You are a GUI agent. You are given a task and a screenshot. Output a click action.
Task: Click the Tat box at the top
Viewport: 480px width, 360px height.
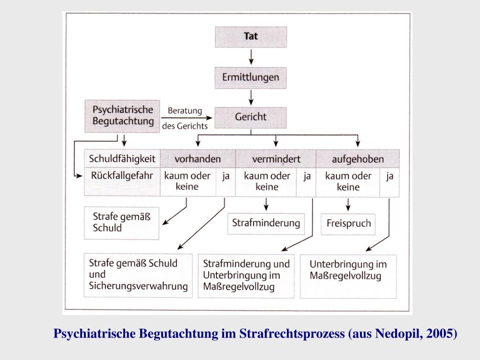pyautogui.click(x=251, y=37)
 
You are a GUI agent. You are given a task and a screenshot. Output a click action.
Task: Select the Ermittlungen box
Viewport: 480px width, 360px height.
pyautogui.click(x=251, y=77)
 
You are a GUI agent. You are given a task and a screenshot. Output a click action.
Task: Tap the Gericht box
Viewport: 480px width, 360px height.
pyautogui.click(x=251, y=117)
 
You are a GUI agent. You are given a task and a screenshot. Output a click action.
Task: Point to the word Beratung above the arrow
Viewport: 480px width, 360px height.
pyautogui.click(x=185, y=111)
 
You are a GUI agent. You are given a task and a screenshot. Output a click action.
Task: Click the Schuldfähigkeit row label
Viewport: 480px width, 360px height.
pyautogui.click(x=122, y=158)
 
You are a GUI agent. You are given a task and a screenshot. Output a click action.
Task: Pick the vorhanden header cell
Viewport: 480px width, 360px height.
pyautogui.click(x=197, y=159)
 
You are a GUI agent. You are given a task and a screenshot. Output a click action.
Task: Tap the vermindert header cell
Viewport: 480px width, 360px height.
pyautogui.click(x=276, y=159)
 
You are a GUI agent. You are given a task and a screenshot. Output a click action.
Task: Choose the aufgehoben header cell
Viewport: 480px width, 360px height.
pyautogui.click(x=358, y=159)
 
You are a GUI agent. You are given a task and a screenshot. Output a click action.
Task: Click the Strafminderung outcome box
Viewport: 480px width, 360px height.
pyautogui.click(x=266, y=223)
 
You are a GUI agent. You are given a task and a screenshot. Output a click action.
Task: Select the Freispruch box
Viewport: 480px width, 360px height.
pyautogui.click(x=348, y=223)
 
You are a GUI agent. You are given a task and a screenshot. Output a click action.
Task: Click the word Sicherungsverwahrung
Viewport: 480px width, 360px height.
pyautogui.click(x=138, y=286)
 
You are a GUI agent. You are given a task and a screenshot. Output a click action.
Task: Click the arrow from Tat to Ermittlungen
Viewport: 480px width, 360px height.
pyautogui.click(x=251, y=57)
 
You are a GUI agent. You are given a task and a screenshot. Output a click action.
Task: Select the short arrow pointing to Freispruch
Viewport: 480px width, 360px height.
pyautogui.click(x=348, y=204)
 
